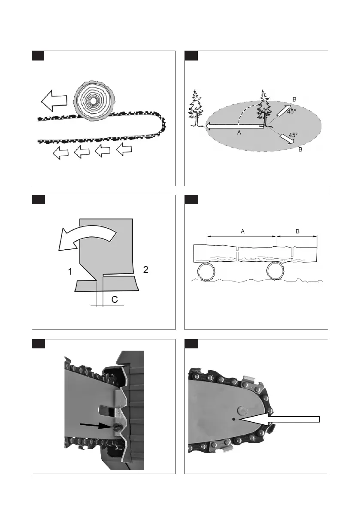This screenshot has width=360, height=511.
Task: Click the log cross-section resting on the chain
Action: pos(91,101)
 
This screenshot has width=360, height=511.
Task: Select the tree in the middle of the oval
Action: pos(263,109)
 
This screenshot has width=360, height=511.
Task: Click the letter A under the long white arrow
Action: pos(239,133)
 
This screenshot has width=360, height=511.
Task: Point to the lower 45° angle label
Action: pos(293,135)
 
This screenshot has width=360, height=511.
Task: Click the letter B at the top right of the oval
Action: pos(294,100)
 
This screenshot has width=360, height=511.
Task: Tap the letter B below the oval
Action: pos(300,150)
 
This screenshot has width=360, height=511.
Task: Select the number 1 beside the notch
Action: pos(69,271)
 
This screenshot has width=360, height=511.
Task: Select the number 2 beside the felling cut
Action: pos(145,269)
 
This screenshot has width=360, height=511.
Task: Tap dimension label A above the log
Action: pos(242,231)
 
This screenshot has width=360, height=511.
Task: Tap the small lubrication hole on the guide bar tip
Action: pos(232,419)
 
